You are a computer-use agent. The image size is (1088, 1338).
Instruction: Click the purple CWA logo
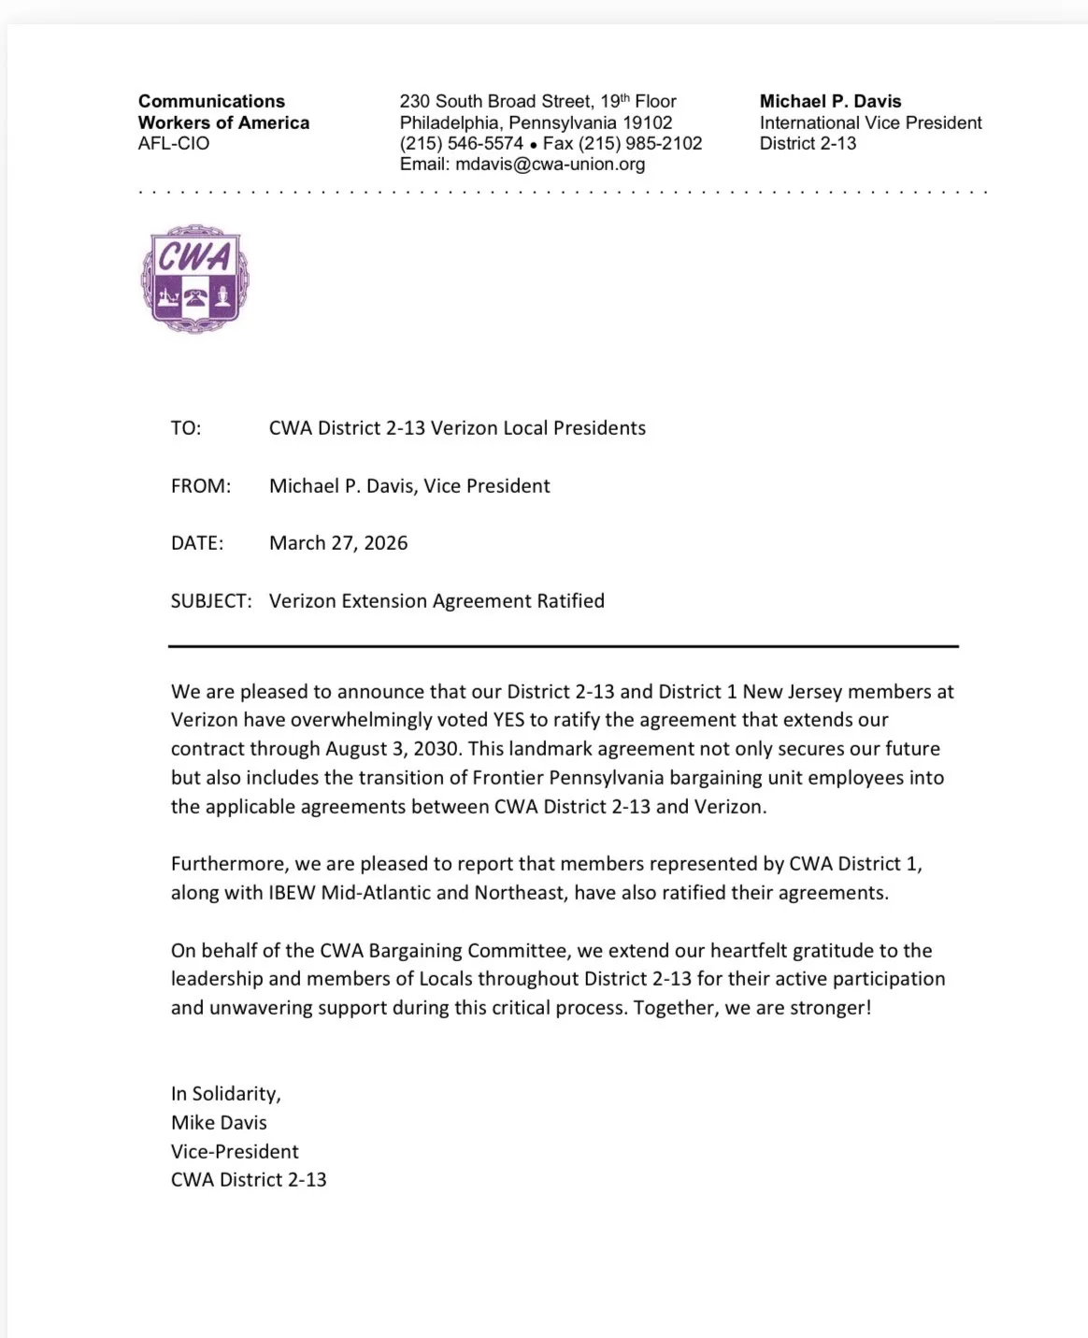click(195, 279)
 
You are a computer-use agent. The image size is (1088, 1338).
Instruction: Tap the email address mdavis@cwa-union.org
click(550, 165)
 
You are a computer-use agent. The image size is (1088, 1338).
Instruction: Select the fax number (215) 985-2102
click(640, 143)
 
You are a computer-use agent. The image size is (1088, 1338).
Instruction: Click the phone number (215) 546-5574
click(461, 143)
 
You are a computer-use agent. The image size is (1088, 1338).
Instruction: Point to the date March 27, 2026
click(338, 543)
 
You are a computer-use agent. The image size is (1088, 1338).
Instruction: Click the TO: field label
click(186, 428)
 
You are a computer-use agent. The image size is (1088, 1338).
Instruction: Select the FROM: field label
click(200, 486)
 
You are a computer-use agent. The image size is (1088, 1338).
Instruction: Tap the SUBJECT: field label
click(211, 601)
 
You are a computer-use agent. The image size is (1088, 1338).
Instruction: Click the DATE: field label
click(197, 543)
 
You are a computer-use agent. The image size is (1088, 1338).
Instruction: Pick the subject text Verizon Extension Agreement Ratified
click(437, 601)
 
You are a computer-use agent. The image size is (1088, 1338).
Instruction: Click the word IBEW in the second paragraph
click(292, 893)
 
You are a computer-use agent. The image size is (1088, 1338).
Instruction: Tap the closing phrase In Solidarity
click(225, 1094)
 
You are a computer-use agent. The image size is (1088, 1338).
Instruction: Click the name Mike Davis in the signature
click(219, 1123)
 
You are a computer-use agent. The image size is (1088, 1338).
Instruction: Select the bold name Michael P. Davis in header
click(830, 101)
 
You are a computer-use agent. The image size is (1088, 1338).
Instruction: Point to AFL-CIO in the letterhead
click(174, 143)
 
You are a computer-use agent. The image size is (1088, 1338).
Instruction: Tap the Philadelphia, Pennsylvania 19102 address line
click(536, 122)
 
